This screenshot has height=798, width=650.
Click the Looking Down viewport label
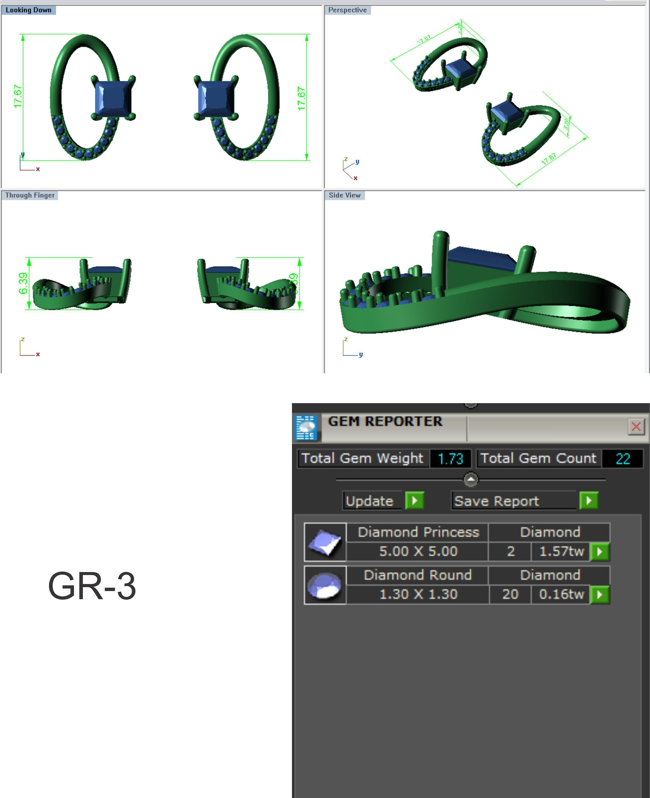[28, 10]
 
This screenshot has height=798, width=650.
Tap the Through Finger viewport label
[30, 195]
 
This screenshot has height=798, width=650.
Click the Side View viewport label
[344, 195]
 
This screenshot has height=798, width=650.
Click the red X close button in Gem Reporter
[636, 426]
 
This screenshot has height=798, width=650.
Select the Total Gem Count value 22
[623, 459]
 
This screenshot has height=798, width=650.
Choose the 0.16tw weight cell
[561, 594]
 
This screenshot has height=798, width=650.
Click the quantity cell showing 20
[510, 594]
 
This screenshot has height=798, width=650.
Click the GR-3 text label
[92, 586]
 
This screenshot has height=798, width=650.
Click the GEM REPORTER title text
[385, 421]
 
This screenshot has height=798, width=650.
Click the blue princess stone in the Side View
[481, 258]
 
